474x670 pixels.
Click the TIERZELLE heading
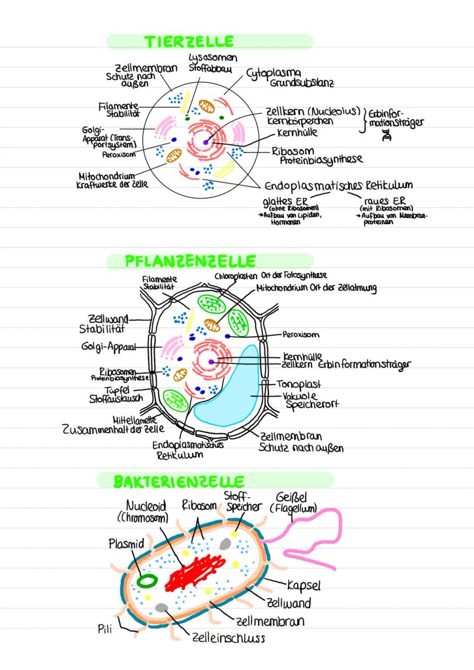[189, 41]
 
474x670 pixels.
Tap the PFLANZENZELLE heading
[190, 261]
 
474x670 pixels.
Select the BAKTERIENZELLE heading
[179, 481]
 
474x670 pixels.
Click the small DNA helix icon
[388, 136]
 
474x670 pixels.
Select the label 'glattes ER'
[285, 201]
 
